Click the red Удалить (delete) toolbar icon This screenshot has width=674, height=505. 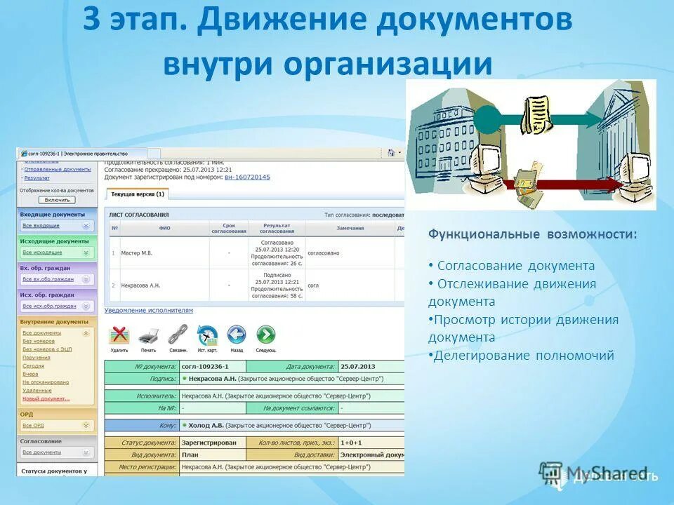pos(119,335)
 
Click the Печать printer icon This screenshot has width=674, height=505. pos(148,335)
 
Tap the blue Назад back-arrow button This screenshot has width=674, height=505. pos(237,335)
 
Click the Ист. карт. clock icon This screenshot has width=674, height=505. pos(207,335)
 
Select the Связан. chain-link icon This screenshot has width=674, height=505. pos(178,335)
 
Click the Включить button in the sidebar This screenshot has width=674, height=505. pos(58,200)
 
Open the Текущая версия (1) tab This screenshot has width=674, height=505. pos(138,194)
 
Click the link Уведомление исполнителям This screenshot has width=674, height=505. pos(148,310)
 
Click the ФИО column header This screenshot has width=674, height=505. pos(164,228)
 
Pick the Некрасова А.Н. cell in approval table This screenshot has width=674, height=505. pos(141,285)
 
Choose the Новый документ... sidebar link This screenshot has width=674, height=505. pos(46,398)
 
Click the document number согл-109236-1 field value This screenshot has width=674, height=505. pos(204,366)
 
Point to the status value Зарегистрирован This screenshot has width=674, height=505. pos(209,443)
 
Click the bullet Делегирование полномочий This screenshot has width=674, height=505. pos(523,356)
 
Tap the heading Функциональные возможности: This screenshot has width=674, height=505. pos(533,234)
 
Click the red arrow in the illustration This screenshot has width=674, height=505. pos(562,184)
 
